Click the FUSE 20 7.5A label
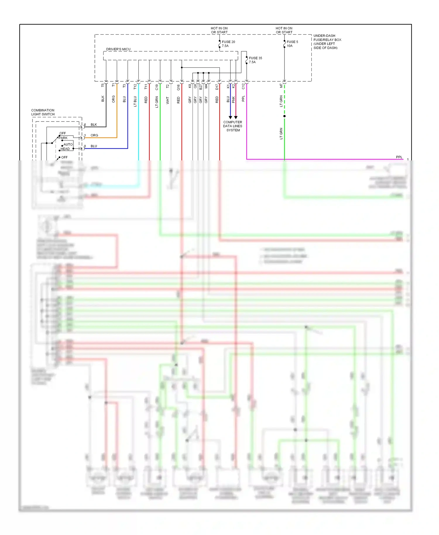pyautogui.click(x=228, y=44)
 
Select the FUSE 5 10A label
pyautogui.click(x=292, y=44)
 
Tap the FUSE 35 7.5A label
pyautogui.click(x=255, y=60)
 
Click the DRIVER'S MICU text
pyautogui.click(x=118, y=49)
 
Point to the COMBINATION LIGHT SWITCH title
pyautogui.click(x=43, y=112)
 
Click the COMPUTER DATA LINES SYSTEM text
pyautogui.click(x=233, y=126)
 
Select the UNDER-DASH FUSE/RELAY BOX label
pyautogui.click(x=327, y=42)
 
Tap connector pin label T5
pyautogui.click(x=103, y=85)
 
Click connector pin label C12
pyautogui.click(x=243, y=86)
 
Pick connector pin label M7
pyautogui.click(x=281, y=86)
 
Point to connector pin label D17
pyautogui.click(x=217, y=87)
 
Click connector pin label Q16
pyautogui.click(x=179, y=87)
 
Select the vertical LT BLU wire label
pyautogui.click(x=135, y=101)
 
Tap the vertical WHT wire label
pyautogui.click(x=168, y=100)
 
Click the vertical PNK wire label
pyautogui.click(x=234, y=100)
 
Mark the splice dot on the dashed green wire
pyautogui.click(x=284, y=116)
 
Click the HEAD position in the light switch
pyautogui.click(x=65, y=149)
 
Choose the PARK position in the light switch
pyautogui.click(x=63, y=138)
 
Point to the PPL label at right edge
pyautogui.click(x=399, y=157)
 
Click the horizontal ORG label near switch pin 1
pyautogui.click(x=94, y=135)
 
